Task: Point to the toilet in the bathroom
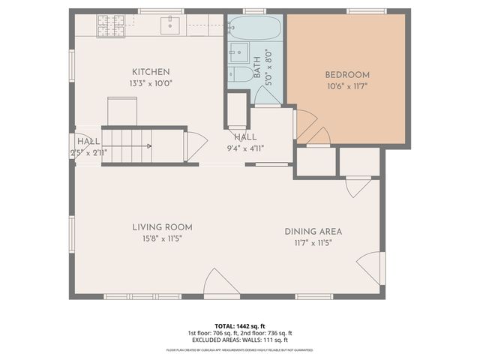point(240,73)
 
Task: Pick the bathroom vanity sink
point(238,52)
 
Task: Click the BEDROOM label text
point(346,74)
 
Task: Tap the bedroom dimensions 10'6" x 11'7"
point(346,85)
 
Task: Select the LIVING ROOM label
point(163,227)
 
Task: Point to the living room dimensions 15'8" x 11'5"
point(163,238)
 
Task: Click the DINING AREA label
point(313,232)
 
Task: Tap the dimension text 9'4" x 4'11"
point(245,148)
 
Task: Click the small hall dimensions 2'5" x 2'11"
point(88,152)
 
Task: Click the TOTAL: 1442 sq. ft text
point(240,326)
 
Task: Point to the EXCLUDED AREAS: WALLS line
point(240,340)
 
